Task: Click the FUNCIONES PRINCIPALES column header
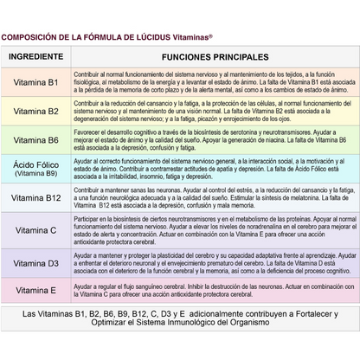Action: pos(215,56)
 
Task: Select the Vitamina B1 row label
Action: pos(35,84)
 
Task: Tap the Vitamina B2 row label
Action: pos(35,112)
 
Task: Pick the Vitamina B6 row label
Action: pos(35,140)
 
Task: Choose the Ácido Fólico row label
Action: pos(35,164)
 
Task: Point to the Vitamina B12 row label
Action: pos(35,198)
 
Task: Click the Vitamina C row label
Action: pos(35,230)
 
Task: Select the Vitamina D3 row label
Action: pos(35,262)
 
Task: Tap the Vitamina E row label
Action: pos(35,290)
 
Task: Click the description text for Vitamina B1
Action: pos(211,84)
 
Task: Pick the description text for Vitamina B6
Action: pos(211,139)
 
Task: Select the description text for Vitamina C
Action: pos(211,230)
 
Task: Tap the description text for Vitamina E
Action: pos(211,290)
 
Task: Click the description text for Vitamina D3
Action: pos(211,262)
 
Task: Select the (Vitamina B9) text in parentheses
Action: pos(35,173)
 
